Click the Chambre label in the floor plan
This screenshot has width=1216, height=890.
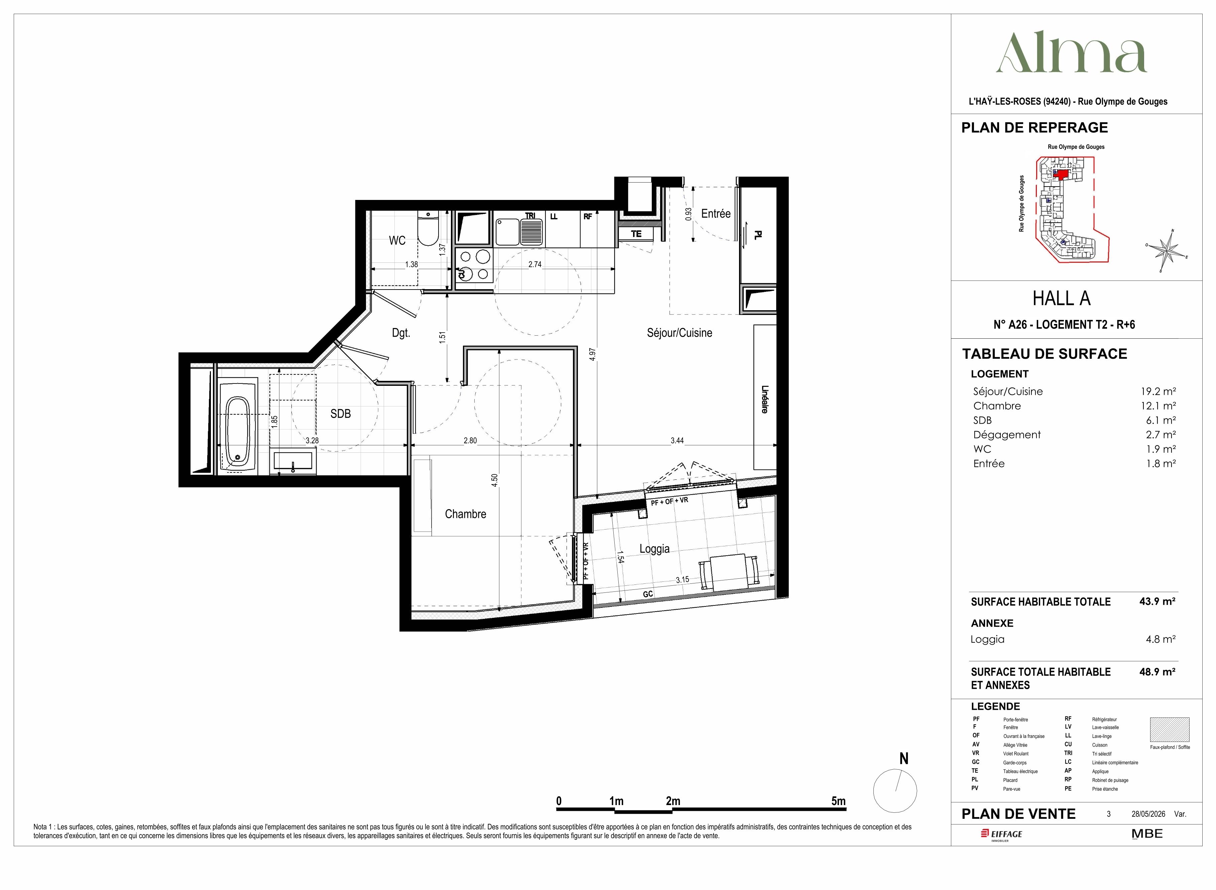point(465,514)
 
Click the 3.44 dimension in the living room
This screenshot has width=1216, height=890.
point(677,440)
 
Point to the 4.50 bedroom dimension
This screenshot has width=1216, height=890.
point(494,480)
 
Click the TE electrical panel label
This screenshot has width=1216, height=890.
point(636,234)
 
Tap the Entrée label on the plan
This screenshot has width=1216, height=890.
point(716,213)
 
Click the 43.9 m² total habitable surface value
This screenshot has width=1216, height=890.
point(1157,601)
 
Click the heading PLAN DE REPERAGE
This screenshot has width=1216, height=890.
point(1035,128)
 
